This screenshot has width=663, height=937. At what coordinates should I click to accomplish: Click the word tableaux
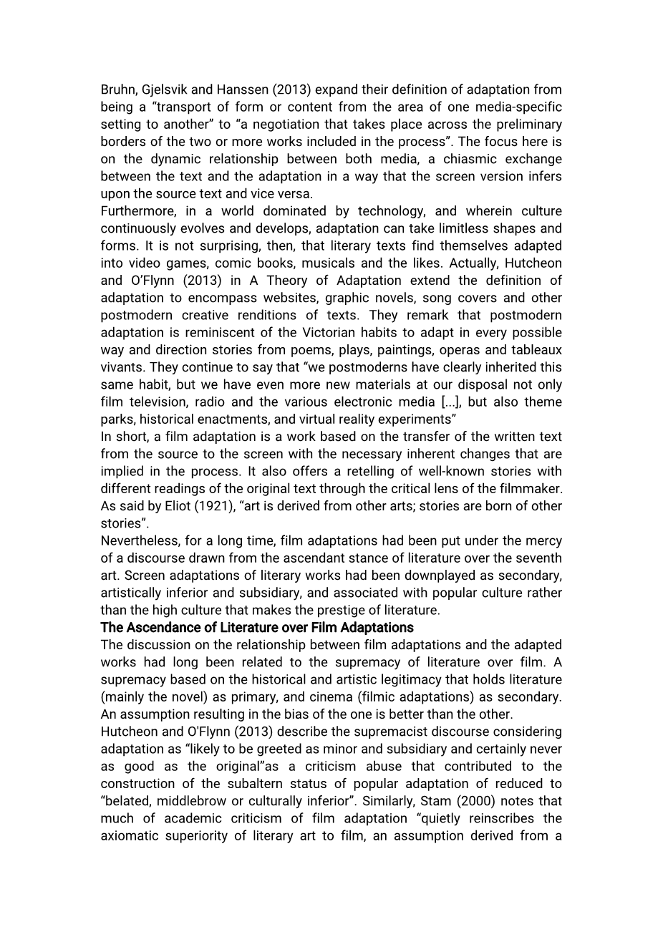pos(536,350)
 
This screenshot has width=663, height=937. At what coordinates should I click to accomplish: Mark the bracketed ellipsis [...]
pos(450,402)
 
